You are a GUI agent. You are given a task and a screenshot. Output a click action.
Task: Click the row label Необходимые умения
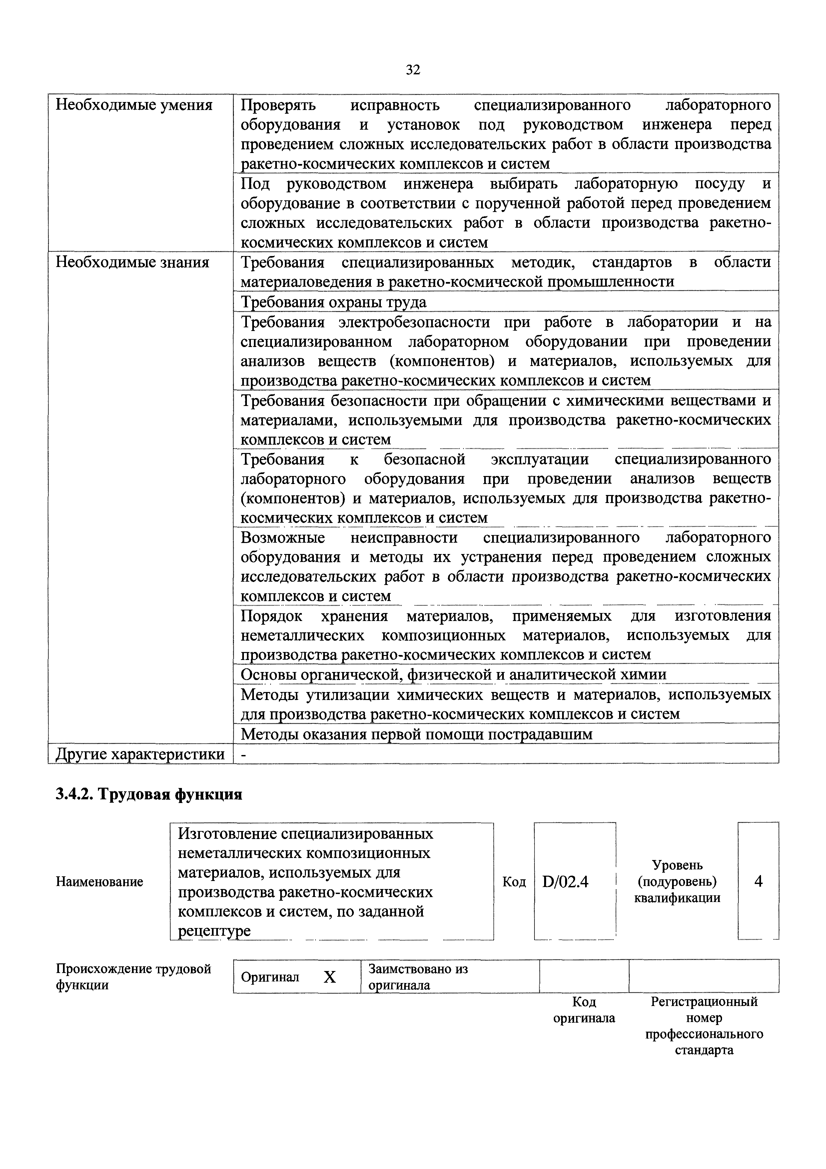click(134, 105)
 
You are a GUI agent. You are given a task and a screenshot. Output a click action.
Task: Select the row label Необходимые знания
click(132, 262)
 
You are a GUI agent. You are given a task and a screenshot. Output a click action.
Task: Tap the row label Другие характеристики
click(140, 754)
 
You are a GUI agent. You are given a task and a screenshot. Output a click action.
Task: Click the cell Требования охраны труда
click(333, 302)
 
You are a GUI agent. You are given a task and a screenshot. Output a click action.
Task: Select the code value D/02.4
click(565, 881)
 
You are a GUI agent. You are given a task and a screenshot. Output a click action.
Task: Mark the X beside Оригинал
click(330, 977)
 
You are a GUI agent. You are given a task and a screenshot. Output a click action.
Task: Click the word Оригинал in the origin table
click(270, 977)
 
